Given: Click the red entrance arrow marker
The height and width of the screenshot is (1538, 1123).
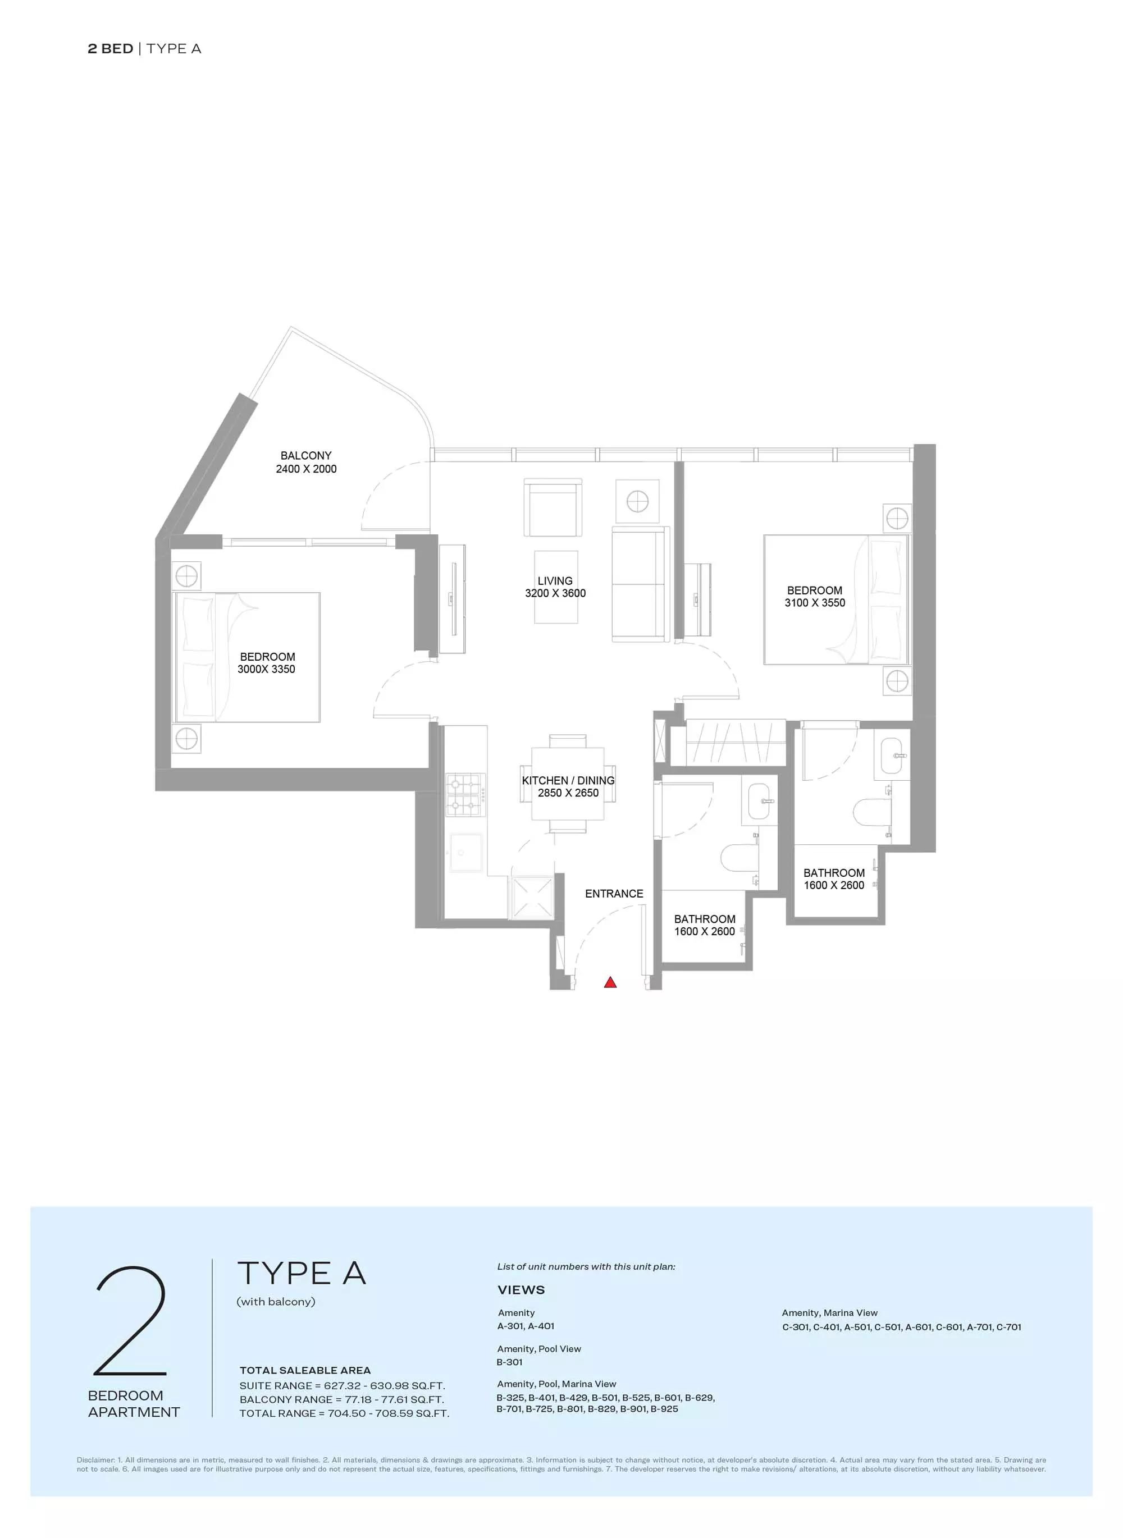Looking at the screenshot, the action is [x=610, y=981].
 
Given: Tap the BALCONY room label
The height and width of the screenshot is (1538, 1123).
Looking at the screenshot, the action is [x=306, y=455].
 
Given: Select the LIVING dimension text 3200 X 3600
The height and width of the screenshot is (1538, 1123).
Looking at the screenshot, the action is [x=555, y=593].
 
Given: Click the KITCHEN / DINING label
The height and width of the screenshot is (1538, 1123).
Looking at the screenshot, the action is [x=568, y=780].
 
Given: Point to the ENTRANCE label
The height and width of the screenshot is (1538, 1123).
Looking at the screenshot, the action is [x=614, y=894].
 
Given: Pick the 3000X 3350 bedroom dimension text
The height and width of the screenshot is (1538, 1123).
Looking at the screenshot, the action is [x=267, y=670].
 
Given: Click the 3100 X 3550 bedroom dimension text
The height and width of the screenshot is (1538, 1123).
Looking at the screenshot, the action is [x=815, y=603].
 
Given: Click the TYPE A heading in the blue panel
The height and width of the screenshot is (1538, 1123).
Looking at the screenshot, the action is [x=302, y=1274].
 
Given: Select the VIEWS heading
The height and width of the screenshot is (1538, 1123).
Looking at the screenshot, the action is [x=522, y=1290].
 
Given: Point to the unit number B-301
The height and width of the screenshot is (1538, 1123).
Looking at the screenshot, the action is [x=510, y=1362].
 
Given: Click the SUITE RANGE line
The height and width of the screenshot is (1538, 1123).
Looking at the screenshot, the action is [x=342, y=1386].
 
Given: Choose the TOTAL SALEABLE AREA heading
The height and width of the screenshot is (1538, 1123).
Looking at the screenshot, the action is [x=305, y=1370].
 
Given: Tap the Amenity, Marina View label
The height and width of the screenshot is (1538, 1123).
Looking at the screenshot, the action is [x=829, y=1312].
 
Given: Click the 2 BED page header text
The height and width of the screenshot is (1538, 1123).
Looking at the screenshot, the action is [x=110, y=49].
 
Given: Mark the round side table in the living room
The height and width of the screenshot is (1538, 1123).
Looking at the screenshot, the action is [x=638, y=502].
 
